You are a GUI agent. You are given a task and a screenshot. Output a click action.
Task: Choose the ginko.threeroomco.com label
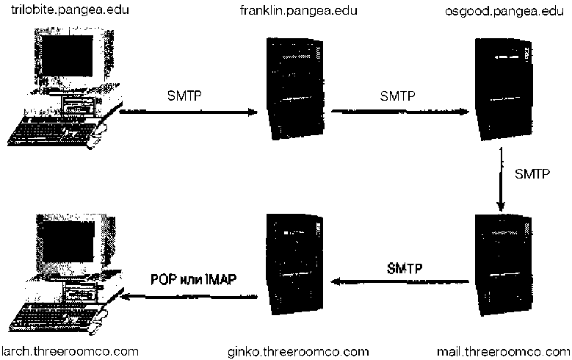pos(298,349)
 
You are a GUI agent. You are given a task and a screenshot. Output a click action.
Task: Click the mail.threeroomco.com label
pos(503,349)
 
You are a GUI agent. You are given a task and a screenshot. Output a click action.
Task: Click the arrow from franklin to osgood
pos(399,112)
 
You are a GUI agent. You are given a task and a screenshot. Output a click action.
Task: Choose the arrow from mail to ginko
pos(401,281)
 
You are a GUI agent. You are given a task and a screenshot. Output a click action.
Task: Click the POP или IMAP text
pos(195,279)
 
